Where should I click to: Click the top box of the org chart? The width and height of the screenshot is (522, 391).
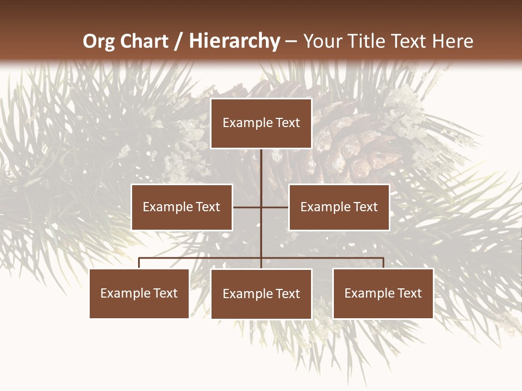(261, 123)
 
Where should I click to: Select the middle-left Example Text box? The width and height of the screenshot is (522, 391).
(182, 207)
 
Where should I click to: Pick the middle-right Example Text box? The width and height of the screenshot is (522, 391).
(339, 207)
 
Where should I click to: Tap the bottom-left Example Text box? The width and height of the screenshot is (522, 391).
(139, 293)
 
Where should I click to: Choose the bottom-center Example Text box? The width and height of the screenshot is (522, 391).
(261, 294)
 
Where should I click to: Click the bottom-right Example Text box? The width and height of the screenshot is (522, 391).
(383, 293)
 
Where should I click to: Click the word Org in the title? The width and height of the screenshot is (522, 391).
(98, 41)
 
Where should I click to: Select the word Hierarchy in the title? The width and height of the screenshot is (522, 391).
(234, 41)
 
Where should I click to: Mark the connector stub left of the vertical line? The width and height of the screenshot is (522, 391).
(247, 207)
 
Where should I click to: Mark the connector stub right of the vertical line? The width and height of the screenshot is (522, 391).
(275, 207)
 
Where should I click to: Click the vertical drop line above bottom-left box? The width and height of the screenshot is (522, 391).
(139, 263)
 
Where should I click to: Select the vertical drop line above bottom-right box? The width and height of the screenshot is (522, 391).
(383, 263)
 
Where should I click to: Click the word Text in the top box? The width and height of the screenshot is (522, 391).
(287, 123)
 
